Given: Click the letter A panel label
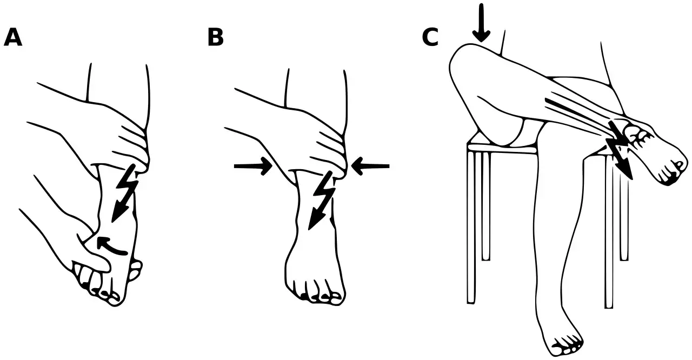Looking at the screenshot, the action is (x=13, y=37).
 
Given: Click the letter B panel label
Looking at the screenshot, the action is (x=215, y=37).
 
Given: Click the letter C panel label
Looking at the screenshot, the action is (x=430, y=37).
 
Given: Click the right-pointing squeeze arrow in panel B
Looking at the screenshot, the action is (x=253, y=166).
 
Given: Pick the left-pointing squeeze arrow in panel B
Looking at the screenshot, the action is (x=370, y=166).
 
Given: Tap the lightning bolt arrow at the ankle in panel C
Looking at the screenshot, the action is (x=620, y=150).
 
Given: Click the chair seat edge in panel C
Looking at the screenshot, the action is (x=502, y=150).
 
